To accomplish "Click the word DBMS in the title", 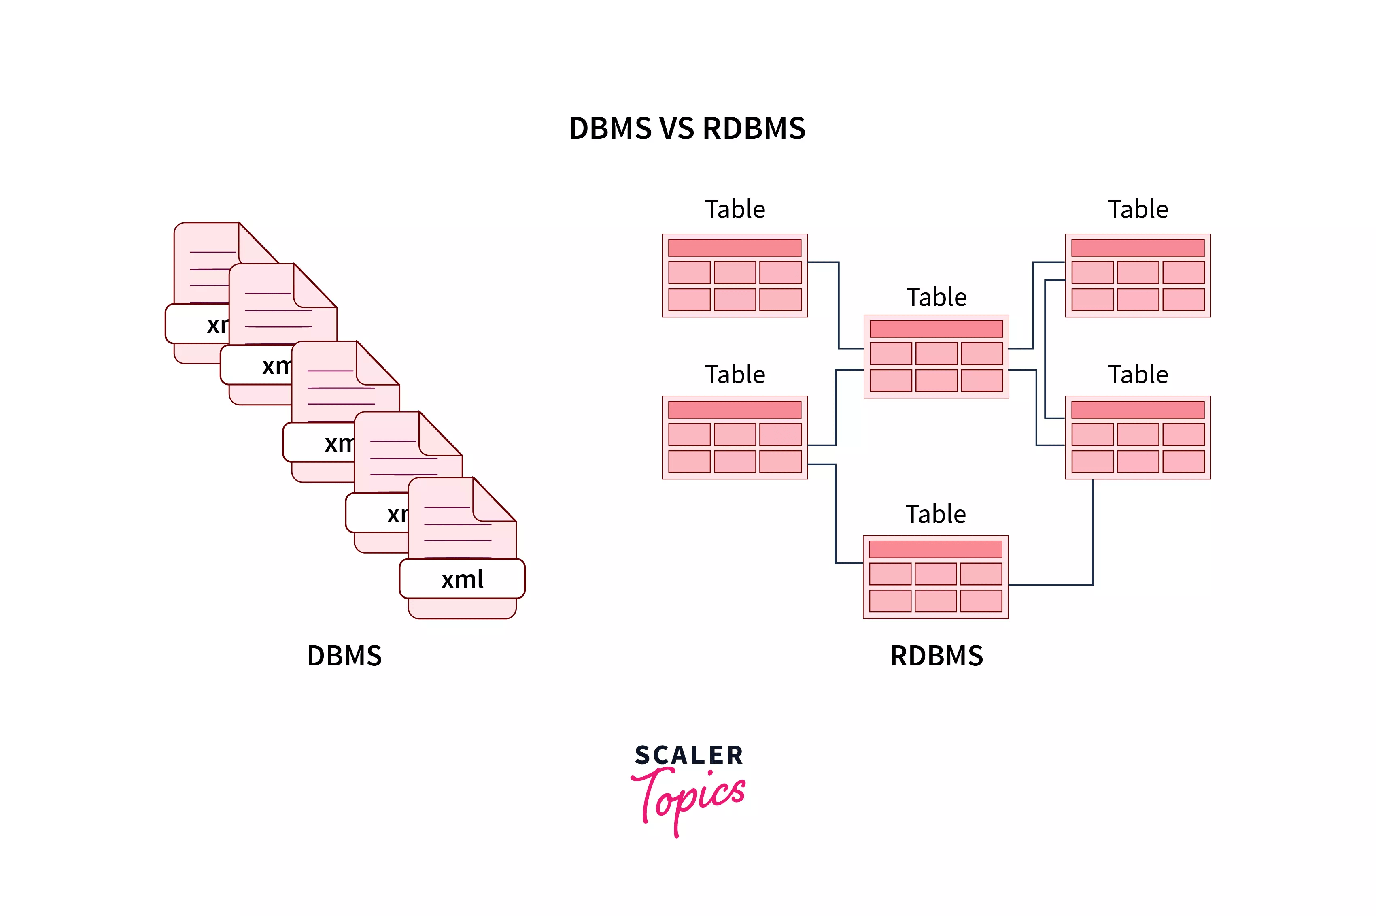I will [x=609, y=128].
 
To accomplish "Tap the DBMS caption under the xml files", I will [x=344, y=656].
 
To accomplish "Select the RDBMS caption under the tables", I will [x=936, y=656].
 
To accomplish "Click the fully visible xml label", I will [x=462, y=579].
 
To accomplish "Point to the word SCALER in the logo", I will [x=689, y=755].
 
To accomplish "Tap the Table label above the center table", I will [x=936, y=297].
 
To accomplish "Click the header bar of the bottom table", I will [x=935, y=549].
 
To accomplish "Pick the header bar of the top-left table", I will [x=735, y=248].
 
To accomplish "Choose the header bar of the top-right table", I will [x=1137, y=248].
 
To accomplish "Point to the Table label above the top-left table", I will [x=735, y=209].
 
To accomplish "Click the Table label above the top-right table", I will [x=1138, y=209].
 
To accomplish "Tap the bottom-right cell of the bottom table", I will [x=981, y=601].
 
